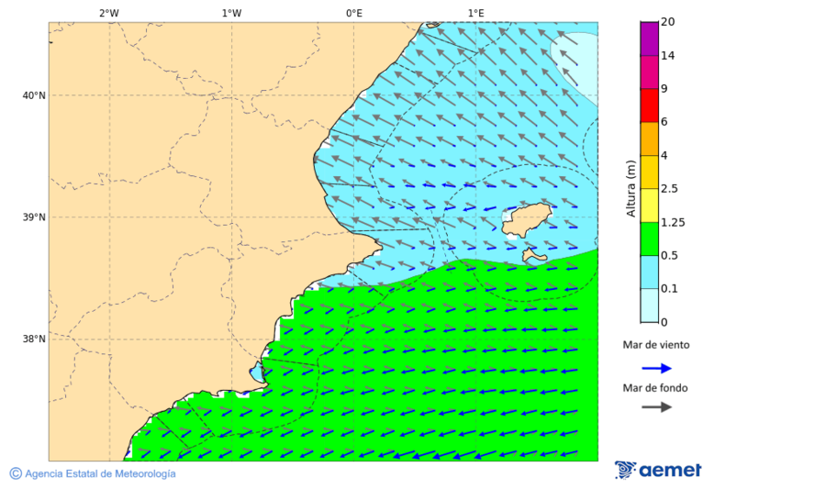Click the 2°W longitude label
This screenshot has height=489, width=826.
[x=108, y=13]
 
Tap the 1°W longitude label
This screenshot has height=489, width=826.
[x=231, y=13]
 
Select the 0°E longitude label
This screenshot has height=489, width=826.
[x=353, y=13]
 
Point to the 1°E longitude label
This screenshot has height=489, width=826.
[x=475, y=13]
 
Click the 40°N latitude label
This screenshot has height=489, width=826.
[x=33, y=95]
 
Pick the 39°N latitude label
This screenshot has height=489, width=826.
[x=33, y=217]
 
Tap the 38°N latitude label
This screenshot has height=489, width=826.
[x=33, y=339]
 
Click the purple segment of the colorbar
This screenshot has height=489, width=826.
[x=649, y=39]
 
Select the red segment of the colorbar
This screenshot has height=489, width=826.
[x=649, y=105]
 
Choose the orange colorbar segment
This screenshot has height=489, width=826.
[x=649, y=139]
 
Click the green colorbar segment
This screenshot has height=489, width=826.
[x=649, y=239]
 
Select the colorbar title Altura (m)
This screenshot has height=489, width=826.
[x=631, y=188]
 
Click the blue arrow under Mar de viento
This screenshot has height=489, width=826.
[x=656, y=368]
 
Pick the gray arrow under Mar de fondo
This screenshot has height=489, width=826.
[x=656, y=407]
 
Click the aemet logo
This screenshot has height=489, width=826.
[x=658, y=470]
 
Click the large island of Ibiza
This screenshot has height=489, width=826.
[x=525, y=219]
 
